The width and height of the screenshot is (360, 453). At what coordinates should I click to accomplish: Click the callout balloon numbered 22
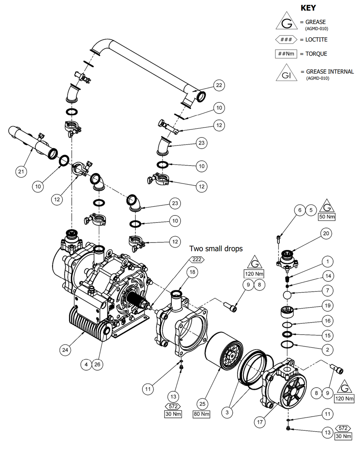point(219,85)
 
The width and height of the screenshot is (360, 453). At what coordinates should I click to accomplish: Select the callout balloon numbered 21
point(21,172)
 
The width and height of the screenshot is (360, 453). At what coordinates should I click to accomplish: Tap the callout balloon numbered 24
point(65,350)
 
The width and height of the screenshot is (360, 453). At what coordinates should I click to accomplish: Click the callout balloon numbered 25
point(202,404)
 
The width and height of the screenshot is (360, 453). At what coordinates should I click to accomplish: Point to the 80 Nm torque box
point(202,414)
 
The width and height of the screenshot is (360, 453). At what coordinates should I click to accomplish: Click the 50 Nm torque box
point(327,217)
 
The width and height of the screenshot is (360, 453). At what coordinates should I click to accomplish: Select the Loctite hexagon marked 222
point(197,260)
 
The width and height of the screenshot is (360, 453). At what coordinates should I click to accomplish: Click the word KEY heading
point(308,8)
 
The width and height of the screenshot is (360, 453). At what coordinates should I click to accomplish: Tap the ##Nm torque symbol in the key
point(286,54)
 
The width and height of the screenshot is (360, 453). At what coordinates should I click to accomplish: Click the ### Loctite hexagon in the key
point(286,39)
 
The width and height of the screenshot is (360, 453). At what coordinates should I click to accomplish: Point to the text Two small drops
point(216,249)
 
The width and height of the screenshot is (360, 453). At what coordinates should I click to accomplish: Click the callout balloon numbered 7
point(328,290)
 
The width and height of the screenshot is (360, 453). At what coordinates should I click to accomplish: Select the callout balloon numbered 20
point(326,233)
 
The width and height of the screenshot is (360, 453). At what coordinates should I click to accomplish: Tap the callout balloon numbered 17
point(260,422)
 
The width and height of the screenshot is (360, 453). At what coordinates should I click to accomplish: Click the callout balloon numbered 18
point(192,272)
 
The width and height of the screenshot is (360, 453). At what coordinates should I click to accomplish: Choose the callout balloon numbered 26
point(97,364)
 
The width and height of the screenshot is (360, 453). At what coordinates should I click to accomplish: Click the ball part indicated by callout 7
point(287,295)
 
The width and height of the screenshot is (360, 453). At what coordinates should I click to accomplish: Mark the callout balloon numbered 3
point(227,412)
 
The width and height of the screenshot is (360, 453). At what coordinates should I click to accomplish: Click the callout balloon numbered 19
point(328,305)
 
